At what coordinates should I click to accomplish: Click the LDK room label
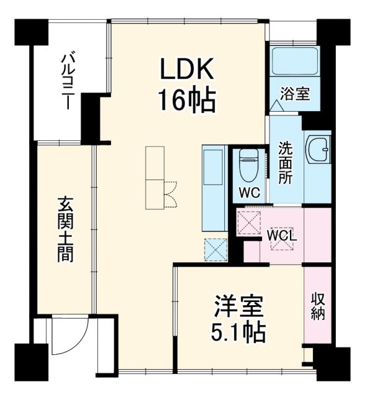click(188, 70)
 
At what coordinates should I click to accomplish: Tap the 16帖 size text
click(188, 99)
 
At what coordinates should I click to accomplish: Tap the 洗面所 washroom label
click(286, 163)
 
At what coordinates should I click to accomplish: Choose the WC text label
click(250, 192)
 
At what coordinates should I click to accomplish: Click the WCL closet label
click(283, 236)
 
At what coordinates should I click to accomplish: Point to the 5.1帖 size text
click(239, 334)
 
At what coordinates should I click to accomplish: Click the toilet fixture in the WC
click(249, 163)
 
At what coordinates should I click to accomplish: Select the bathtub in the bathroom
click(295, 61)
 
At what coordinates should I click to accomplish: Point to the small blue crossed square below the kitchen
click(216, 249)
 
